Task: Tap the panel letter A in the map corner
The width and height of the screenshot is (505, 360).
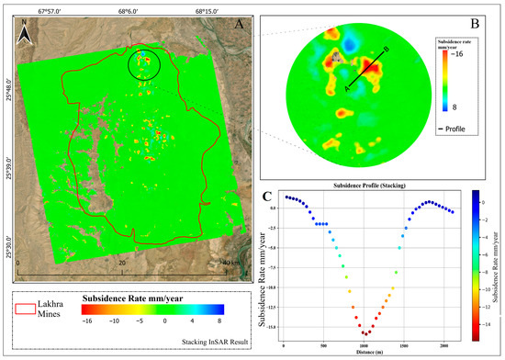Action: (x=238, y=25)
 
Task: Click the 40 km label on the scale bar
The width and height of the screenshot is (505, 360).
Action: (x=228, y=263)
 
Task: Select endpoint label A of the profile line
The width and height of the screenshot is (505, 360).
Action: (x=346, y=88)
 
